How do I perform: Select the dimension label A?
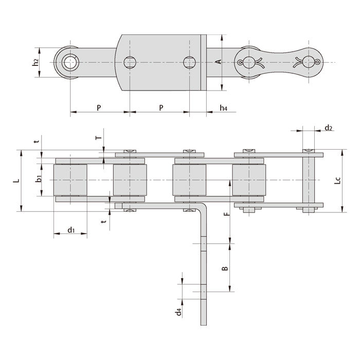click(218, 62)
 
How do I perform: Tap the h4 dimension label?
click(223, 107)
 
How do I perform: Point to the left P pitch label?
click(98, 107)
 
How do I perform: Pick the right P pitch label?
click(161, 107)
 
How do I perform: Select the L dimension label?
click(16, 181)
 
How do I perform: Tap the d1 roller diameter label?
click(70, 230)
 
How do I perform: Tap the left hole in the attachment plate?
click(129, 63)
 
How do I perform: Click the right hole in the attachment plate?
click(190, 63)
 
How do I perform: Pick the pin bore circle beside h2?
click(68, 63)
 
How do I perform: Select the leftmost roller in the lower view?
click(70, 180)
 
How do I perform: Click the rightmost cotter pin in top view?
click(310, 63)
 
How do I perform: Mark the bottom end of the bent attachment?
click(204, 323)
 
